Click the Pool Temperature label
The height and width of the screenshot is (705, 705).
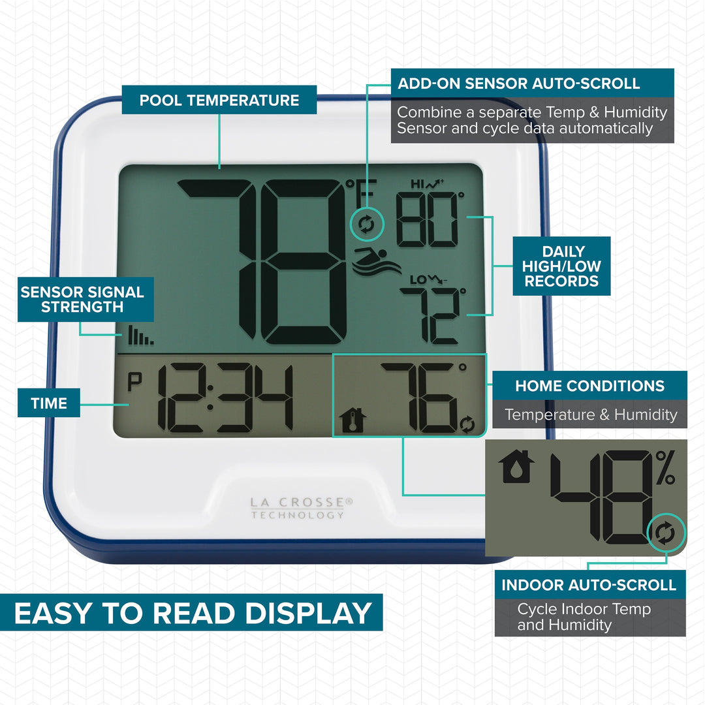coord(219,101)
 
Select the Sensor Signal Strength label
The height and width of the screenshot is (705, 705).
coord(82,299)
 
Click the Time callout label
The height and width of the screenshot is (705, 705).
coord(49,403)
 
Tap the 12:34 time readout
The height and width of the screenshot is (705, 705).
coord(225,398)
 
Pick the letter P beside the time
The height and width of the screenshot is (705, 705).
coord(134,383)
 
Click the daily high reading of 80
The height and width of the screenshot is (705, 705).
coord(428,222)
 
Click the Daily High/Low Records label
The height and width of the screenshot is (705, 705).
coord(561,266)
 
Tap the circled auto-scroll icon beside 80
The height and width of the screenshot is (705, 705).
coord(366,225)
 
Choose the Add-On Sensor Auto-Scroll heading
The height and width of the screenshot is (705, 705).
coord(519,84)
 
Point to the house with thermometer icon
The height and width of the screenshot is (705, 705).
coord(353,421)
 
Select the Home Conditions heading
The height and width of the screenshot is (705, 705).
coord(589,386)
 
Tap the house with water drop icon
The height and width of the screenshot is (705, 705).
coord(516,467)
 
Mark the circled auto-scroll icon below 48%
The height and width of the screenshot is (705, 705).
coord(666,534)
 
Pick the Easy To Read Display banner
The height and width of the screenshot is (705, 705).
coord(193,614)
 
